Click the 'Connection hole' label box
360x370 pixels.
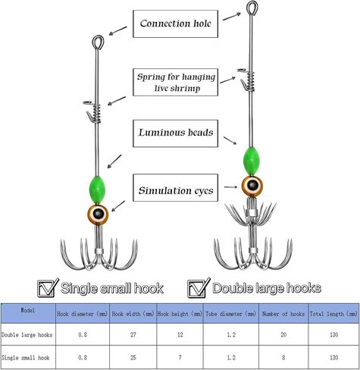(175, 24)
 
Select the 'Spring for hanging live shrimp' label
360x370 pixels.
(175, 82)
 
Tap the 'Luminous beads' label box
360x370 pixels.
(175, 133)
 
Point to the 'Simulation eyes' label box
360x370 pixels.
(175, 188)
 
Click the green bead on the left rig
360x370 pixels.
(96, 190)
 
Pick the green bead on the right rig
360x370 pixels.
(251, 161)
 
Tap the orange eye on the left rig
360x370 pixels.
(98, 214)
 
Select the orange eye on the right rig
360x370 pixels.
(252, 187)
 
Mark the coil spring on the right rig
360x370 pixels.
(250, 80)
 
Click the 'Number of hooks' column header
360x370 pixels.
(283, 314)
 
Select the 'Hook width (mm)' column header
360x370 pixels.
(133, 314)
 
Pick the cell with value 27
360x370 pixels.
(133, 334)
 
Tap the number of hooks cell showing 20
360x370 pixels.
(283, 334)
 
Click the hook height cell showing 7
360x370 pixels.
(180, 357)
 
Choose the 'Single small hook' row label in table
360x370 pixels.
(26, 358)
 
